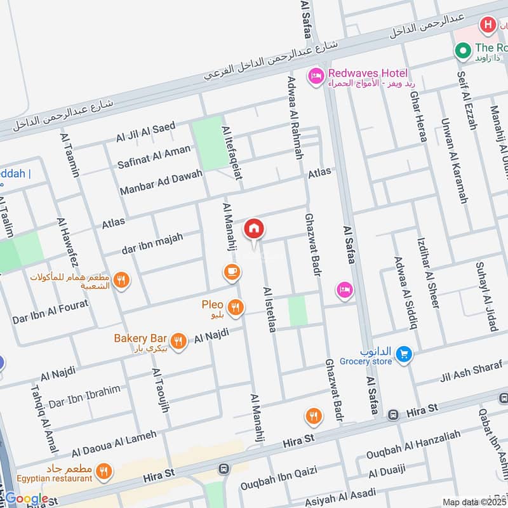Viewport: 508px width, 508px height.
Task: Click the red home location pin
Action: [254, 229]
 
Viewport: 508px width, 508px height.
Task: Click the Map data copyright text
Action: [474, 502]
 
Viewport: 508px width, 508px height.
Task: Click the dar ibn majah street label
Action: [153, 244]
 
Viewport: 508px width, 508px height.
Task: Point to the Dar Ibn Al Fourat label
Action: [50, 310]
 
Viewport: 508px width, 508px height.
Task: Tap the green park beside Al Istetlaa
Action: [297, 311]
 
